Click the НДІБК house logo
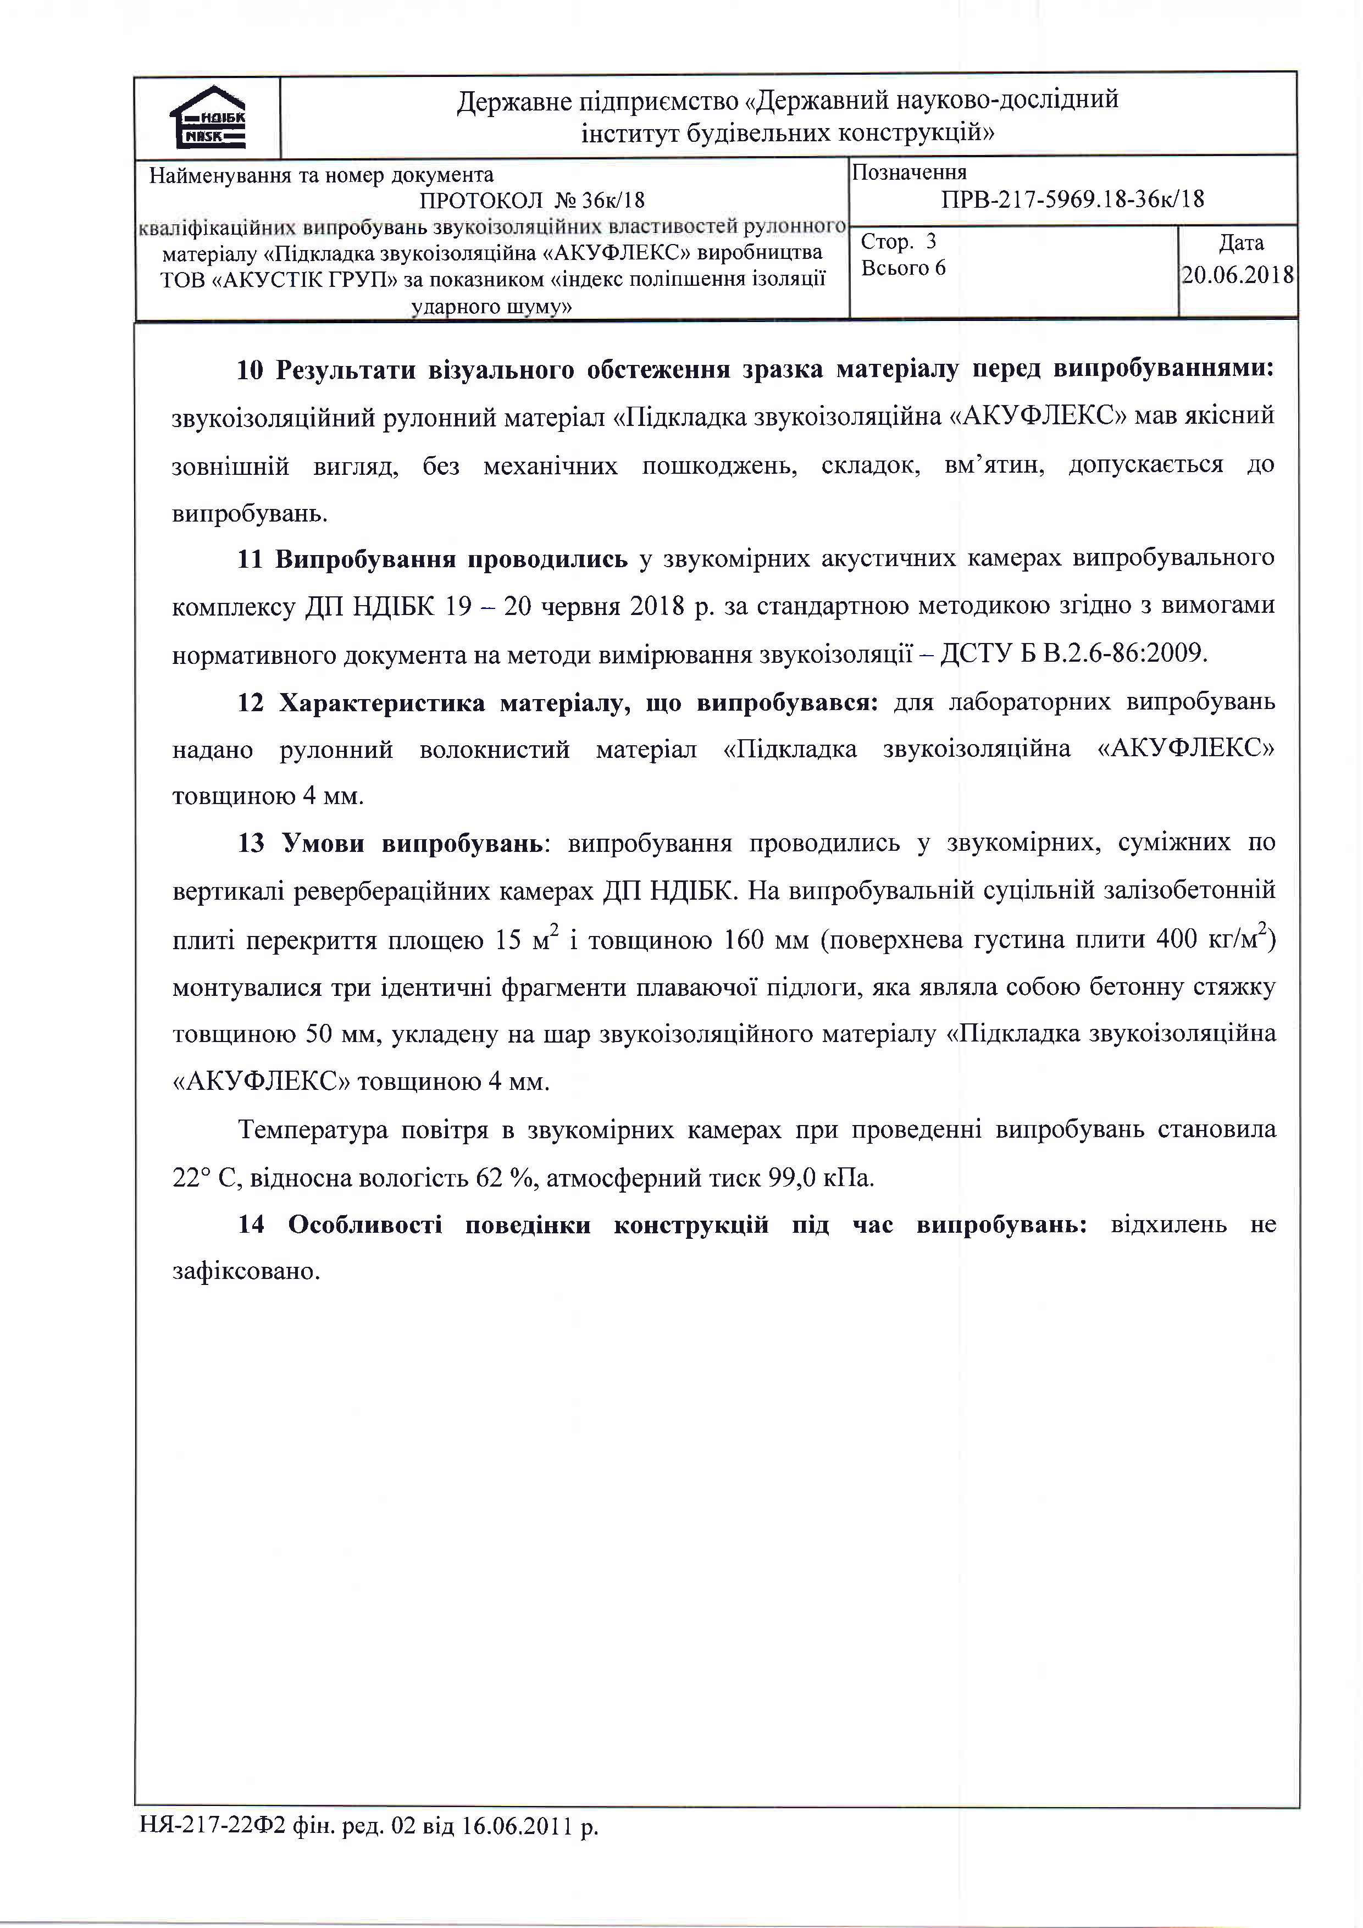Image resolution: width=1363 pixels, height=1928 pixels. [x=207, y=118]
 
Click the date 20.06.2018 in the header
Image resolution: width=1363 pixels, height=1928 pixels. [x=1238, y=275]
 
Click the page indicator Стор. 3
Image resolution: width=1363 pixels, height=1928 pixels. [x=897, y=242]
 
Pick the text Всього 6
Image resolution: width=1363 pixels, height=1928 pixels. [x=904, y=268]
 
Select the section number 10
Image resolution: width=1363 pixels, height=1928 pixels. [x=250, y=370]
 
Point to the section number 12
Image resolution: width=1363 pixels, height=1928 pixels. [x=250, y=702]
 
